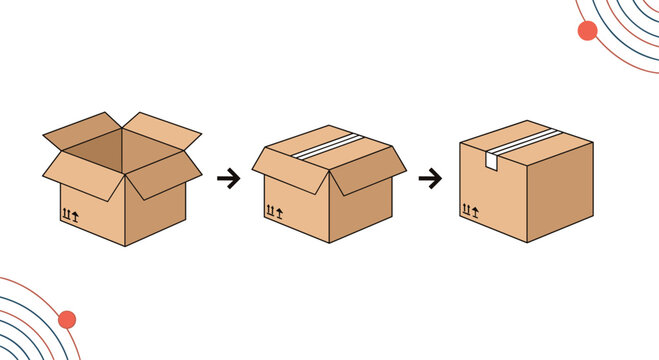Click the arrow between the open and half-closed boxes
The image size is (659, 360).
tap(228, 179)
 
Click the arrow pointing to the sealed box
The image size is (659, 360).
tap(430, 179)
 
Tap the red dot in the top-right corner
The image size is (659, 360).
tap(587, 30)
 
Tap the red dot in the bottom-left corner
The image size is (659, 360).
tap(67, 320)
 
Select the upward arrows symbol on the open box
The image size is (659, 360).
tap(70, 215)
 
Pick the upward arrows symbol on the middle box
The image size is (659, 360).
tap(273, 211)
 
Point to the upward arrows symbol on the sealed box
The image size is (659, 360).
tap(470, 209)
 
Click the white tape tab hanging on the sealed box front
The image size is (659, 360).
tap(493, 161)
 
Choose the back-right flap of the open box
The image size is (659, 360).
tap(160, 128)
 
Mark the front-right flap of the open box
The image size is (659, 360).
tap(160, 172)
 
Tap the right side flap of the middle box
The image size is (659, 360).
tap(368, 169)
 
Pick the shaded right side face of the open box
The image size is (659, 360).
tap(156, 215)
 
